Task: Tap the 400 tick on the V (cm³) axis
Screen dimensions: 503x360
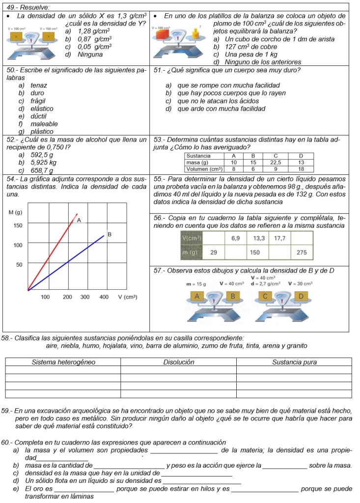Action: click(x=104, y=297)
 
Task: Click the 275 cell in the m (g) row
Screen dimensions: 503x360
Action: click(x=302, y=252)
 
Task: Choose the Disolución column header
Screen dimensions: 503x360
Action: click(x=178, y=362)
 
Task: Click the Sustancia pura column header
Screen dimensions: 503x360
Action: click(x=294, y=362)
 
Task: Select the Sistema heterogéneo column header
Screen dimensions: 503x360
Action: click(x=63, y=362)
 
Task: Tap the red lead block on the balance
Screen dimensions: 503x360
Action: click(x=162, y=35)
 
